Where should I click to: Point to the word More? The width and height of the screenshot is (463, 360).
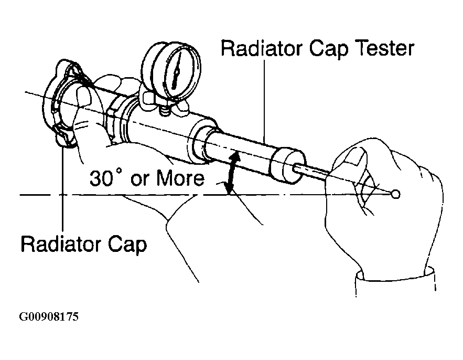[180, 179]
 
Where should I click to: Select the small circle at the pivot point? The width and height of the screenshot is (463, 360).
[395, 195]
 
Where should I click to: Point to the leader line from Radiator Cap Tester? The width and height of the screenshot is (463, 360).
[266, 100]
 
